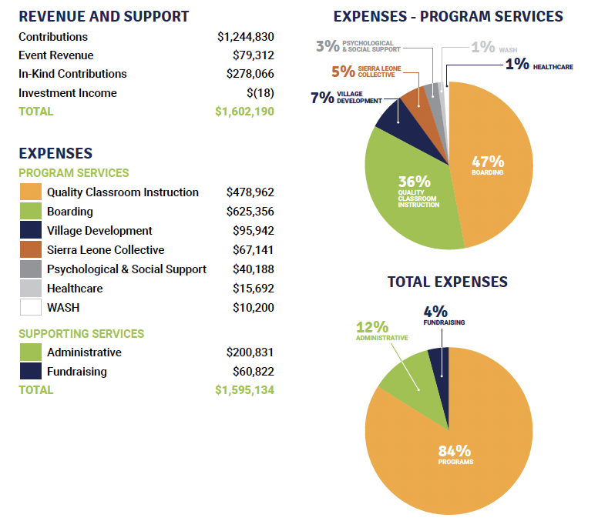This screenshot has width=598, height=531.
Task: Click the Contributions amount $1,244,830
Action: tap(245, 37)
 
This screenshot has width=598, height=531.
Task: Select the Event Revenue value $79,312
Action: tap(253, 55)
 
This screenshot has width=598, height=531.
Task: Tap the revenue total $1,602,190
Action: tap(244, 112)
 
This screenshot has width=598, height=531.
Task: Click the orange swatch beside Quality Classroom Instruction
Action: tap(30, 192)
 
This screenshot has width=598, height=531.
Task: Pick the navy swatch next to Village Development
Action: tap(30, 231)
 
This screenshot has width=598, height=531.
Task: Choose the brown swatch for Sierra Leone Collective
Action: tap(30, 250)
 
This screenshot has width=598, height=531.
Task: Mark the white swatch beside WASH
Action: tap(30, 307)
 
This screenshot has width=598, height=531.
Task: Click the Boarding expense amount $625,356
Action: tap(250, 212)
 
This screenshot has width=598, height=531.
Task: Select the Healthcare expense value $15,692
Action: tap(253, 289)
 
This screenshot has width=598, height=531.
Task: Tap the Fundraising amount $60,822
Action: tap(253, 372)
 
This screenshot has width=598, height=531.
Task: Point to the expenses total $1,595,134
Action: tap(244, 390)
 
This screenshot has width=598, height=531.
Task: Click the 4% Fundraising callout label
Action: tap(444, 316)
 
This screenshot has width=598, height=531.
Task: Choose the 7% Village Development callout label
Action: tap(346, 98)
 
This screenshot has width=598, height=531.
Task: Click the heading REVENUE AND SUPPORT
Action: tap(104, 16)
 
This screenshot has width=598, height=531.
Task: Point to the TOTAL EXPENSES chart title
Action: tap(447, 282)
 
